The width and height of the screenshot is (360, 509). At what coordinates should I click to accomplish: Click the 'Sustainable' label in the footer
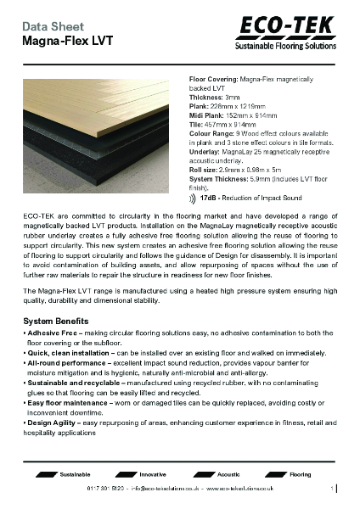tap(75, 474)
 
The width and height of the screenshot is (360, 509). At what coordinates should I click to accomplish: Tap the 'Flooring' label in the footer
tap(301, 474)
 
